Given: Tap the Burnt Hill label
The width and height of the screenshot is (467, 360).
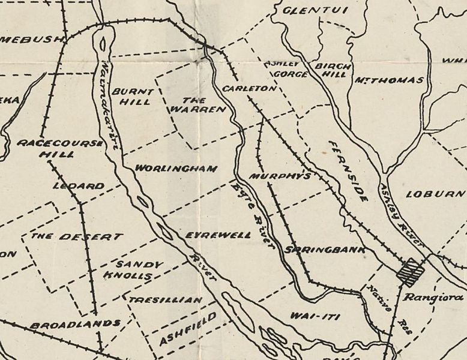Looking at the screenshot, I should pos(133,97).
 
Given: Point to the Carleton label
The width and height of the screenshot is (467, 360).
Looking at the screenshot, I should pos(248,88).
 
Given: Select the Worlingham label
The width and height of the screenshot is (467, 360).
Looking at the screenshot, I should pos(175,169).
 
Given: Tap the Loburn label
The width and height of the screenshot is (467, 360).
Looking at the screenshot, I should pos(435,194).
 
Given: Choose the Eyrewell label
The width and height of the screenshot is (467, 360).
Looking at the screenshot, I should pos(218,235).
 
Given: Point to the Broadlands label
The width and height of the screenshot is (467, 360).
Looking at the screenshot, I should pos(76,324).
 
